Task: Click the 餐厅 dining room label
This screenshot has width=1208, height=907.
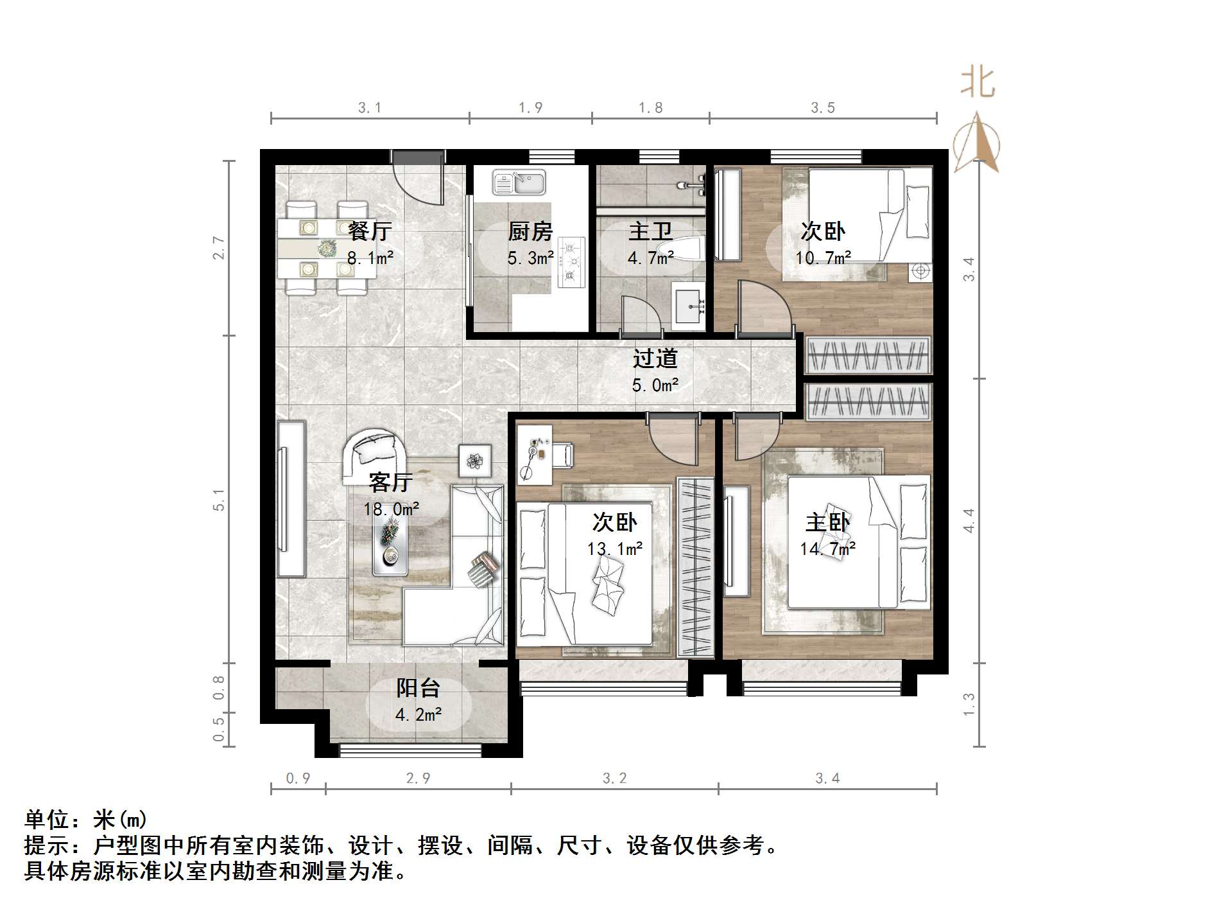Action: (x=370, y=231)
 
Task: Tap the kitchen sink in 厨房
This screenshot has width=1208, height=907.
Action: (x=519, y=182)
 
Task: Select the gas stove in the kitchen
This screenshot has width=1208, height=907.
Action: (x=571, y=261)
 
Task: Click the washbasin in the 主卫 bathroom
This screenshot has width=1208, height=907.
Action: (x=688, y=306)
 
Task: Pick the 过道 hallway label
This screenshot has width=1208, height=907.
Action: (x=655, y=358)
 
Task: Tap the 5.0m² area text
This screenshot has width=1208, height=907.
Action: (x=655, y=385)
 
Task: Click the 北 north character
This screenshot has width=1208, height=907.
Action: (x=978, y=84)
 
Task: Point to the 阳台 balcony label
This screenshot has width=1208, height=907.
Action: (x=418, y=688)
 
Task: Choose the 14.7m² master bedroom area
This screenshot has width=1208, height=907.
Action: (x=827, y=549)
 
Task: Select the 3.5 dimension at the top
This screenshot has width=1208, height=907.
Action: (x=822, y=107)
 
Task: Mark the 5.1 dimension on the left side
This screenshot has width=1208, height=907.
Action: (x=219, y=499)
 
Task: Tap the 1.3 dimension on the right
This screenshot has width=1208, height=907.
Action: (x=969, y=704)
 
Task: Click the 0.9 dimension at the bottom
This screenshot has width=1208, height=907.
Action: (x=298, y=779)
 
